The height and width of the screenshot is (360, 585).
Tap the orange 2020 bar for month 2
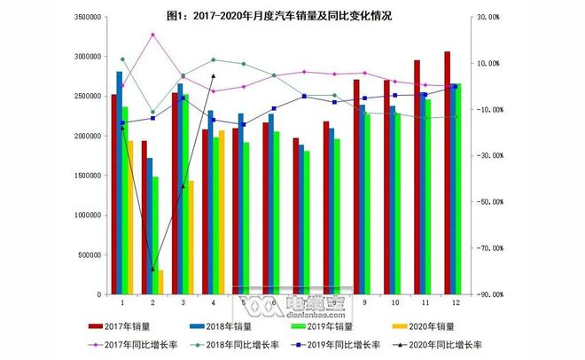[x=160, y=282]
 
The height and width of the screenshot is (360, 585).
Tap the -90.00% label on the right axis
[x=490, y=294]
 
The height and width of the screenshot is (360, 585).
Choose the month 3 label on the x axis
[x=183, y=302]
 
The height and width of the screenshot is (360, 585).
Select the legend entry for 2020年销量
[x=439, y=328]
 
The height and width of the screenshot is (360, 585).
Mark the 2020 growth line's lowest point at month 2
[x=152, y=270]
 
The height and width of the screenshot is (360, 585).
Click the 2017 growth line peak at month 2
[x=152, y=35]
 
